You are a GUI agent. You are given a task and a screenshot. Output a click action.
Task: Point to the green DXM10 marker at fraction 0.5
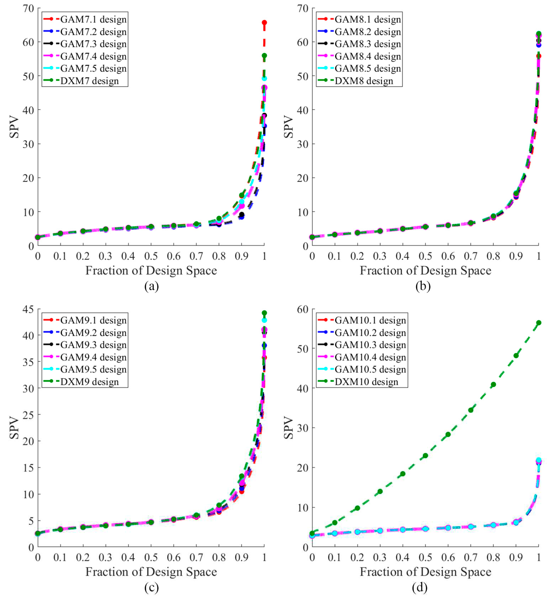tap(425, 455)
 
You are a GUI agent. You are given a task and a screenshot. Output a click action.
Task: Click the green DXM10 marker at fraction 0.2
tap(357, 508)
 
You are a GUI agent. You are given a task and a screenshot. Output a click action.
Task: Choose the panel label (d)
tap(420, 587)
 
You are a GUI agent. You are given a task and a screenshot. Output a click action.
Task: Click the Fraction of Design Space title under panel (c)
tap(151, 572)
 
